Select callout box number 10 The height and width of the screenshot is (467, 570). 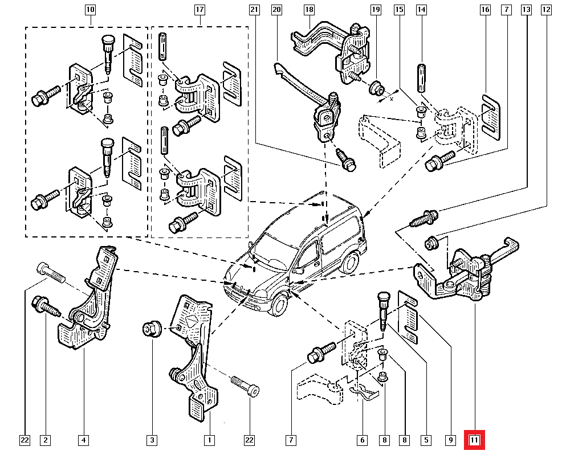(91, 10)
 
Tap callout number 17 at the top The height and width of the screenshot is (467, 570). (199, 10)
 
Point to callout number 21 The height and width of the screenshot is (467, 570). (255, 10)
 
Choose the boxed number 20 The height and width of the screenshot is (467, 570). (277, 10)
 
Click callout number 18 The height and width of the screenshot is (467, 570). (309, 10)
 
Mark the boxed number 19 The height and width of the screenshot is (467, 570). (375, 10)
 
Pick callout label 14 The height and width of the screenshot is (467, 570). (421, 10)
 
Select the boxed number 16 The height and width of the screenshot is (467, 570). (485, 10)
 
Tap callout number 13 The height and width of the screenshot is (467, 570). (526, 10)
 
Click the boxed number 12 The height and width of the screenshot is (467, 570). (547, 10)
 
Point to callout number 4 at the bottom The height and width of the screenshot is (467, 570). (84, 440)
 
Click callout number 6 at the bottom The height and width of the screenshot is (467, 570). (361, 440)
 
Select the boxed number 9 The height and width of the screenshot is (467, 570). (451, 440)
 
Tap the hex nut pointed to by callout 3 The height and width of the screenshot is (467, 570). (150, 329)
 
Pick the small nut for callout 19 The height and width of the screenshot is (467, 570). (376, 88)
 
